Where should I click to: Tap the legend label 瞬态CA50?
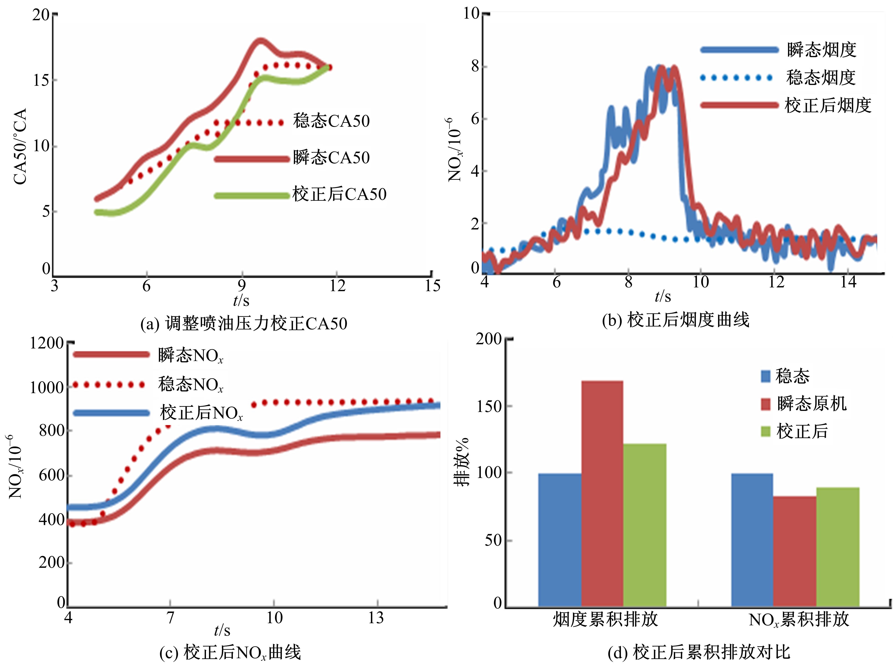coord(331,157)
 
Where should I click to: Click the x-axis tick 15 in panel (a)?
coord(432,286)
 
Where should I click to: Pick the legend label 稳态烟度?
coord(821,77)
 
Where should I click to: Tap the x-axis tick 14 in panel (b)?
coord(848,282)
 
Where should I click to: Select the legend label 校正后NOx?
coord(201,413)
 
